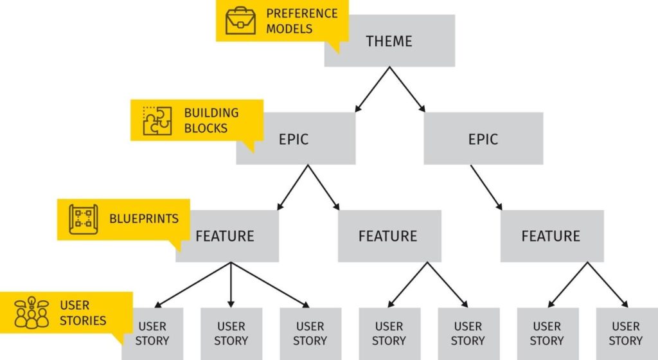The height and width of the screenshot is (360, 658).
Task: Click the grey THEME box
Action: pyautogui.click(x=389, y=41)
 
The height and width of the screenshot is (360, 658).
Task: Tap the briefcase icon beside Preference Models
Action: pyautogui.click(x=240, y=21)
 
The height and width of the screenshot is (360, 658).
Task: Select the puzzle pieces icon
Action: pyautogui.click(x=157, y=120)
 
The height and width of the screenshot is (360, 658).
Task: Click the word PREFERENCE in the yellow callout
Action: pyautogui.click(x=302, y=13)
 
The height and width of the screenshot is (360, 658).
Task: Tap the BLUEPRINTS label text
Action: pyautogui.click(x=144, y=219)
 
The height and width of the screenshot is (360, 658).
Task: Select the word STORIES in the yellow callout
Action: pyautogui.click(x=83, y=319)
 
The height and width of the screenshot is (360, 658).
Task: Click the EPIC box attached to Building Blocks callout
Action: pyautogui.click(x=294, y=139)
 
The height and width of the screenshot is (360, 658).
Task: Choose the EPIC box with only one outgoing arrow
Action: pyautogui.click(x=483, y=139)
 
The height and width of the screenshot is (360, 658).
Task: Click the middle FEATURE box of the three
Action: pyautogui.click(x=388, y=236)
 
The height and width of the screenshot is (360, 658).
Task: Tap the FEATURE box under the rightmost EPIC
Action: pyautogui.click(x=551, y=236)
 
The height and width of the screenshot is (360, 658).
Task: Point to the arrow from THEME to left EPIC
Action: pyautogui.click(x=371, y=89)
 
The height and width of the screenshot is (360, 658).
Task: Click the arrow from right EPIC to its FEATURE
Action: pyautogui.click(x=487, y=187)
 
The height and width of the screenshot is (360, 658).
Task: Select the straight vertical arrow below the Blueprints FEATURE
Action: pyautogui.click(x=231, y=284)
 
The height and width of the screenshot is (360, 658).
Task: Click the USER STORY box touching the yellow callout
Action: pyautogui.click(x=152, y=334)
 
